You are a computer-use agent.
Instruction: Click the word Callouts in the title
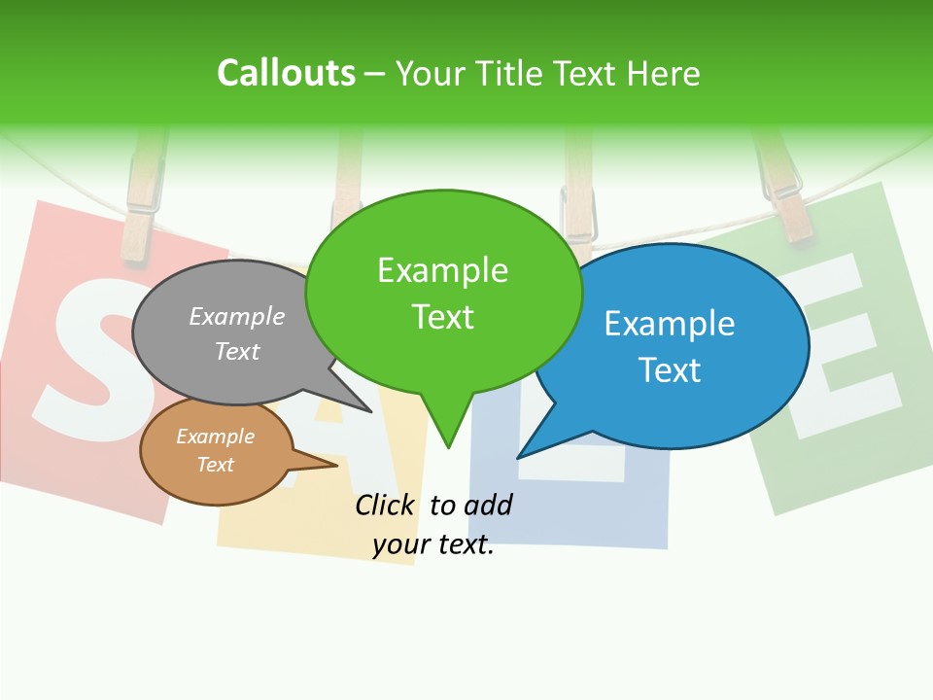point(286,74)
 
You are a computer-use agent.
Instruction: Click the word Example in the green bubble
point(442,270)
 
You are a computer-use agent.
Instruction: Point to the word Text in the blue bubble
point(670,370)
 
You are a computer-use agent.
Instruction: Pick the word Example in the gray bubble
point(237,316)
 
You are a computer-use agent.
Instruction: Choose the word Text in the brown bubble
point(216,465)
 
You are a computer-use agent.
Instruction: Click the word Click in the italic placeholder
point(386,505)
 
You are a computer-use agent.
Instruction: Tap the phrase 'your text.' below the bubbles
point(433,544)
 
